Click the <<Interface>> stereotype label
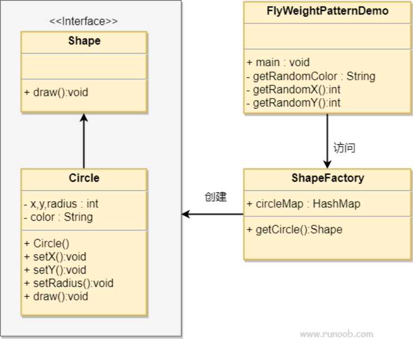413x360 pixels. pyautogui.click(x=83, y=21)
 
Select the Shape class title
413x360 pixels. pyautogui.click(x=84, y=41)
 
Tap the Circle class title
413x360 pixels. pyautogui.click(x=84, y=178)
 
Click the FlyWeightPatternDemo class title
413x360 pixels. pyautogui.click(x=327, y=11)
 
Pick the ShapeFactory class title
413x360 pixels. pyautogui.click(x=328, y=178)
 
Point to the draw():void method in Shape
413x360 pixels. pyautogui.click(x=56, y=93)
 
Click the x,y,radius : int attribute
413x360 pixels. pyautogui.click(x=61, y=204)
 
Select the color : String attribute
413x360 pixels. pyautogui.click(x=58, y=217)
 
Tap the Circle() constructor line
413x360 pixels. pyautogui.click(x=47, y=244)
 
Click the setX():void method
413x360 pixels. pyautogui.click(x=55, y=256)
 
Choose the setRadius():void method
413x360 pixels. pyautogui.click(x=69, y=283)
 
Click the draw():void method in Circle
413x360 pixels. pyautogui.click(x=56, y=296)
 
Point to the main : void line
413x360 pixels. pyautogui.click(x=278, y=62)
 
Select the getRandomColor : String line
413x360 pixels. pyautogui.click(x=311, y=76)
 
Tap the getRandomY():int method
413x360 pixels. pyautogui.click(x=293, y=103)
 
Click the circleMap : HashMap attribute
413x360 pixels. pyautogui.click(x=303, y=204)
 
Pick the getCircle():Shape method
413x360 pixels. pyautogui.click(x=294, y=230)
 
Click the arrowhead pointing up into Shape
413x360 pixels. pyautogui.click(x=83, y=118)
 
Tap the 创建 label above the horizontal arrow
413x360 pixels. pyautogui.click(x=216, y=197)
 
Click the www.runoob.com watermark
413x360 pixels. pyautogui.click(x=337, y=334)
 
